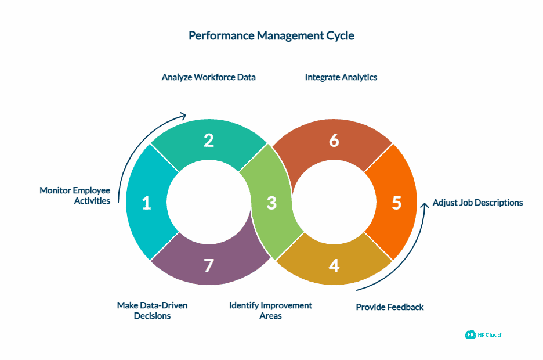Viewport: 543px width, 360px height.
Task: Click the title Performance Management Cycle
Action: [x=271, y=36]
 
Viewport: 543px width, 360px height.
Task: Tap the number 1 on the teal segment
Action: [x=146, y=203]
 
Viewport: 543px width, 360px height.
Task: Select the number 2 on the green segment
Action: [x=209, y=141]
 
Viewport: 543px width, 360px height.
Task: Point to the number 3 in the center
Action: [x=271, y=203]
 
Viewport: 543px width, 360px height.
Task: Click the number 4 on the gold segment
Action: [x=334, y=265]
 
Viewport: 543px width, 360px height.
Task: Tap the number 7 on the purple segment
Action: [x=209, y=265]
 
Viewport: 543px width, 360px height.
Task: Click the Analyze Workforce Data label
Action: [x=209, y=77]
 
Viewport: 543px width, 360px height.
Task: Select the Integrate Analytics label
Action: [x=341, y=77]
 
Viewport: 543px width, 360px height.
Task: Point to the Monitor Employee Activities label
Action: [x=75, y=196]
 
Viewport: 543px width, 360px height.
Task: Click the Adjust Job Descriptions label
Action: [x=478, y=203]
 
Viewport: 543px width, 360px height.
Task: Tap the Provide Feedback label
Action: [x=390, y=307]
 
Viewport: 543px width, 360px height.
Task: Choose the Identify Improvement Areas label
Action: [x=270, y=311]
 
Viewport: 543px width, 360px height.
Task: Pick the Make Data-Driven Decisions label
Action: [x=152, y=311]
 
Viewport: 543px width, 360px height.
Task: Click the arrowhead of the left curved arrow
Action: [x=183, y=115]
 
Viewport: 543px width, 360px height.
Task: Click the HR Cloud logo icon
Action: [x=470, y=334]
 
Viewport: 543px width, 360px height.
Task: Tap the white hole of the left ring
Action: [x=209, y=203]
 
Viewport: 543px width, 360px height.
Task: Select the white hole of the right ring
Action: [x=334, y=203]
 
